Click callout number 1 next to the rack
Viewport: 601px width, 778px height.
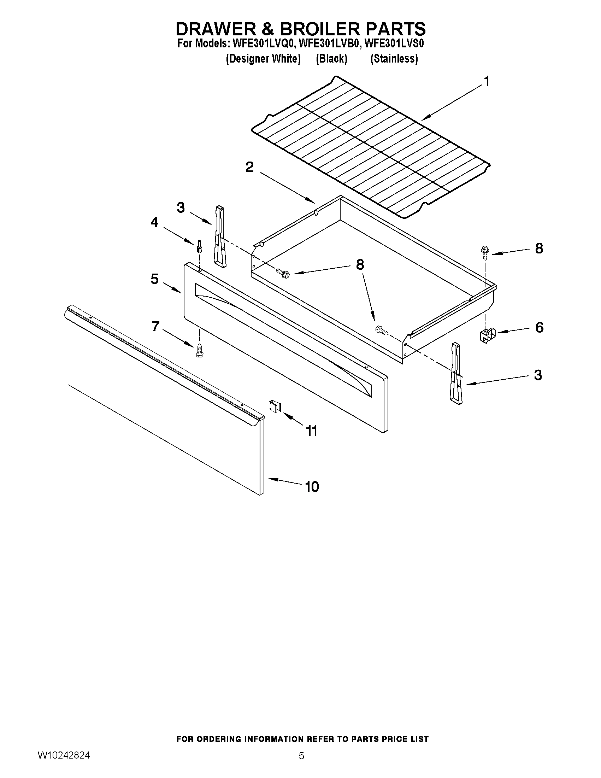[x=487, y=82]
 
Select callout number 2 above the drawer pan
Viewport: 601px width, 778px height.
[x=249, y=167]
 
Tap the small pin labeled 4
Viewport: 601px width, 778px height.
[x=199, y=246]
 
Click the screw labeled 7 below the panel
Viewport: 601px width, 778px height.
[x=199, y=351]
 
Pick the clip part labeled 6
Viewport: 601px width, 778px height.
[x=486, y=335]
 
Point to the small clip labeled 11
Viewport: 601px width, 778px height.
[x=275, y=406]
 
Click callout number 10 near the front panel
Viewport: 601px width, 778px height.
[x=312, y=487]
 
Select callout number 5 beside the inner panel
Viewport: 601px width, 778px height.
[x=154, y=279]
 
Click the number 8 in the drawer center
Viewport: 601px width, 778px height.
[x=360, y=265]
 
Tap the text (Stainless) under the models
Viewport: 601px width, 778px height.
[x=394, y=59]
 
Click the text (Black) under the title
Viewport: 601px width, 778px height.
[x=331, y=59]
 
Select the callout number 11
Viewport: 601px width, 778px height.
[x=312, y=431]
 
